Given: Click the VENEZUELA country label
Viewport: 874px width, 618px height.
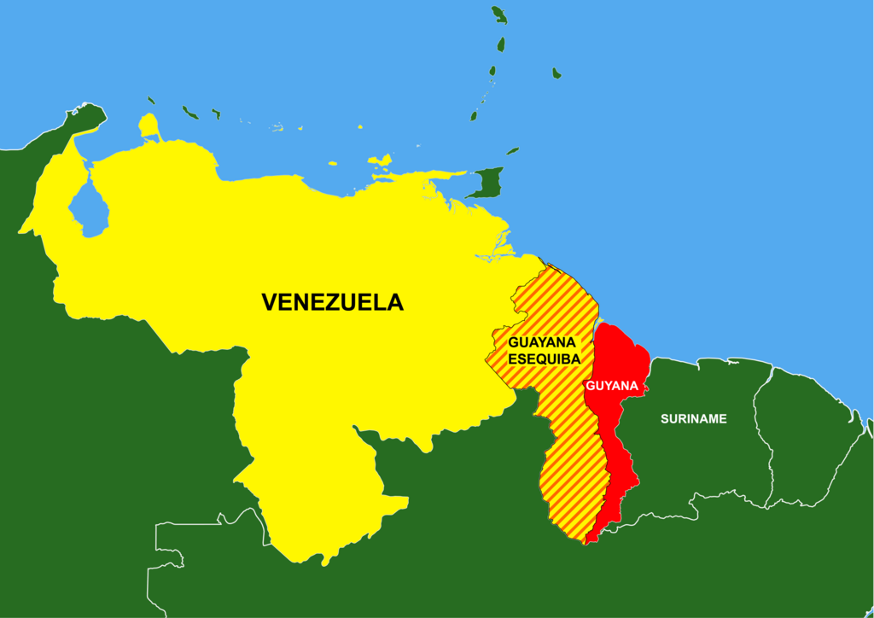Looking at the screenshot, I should (x=332, y=302).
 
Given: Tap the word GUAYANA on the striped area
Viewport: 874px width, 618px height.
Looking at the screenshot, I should (x=544, y=342).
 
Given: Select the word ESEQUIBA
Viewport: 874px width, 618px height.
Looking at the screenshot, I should (x=544, y=359).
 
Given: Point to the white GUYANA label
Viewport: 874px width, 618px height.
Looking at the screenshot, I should (x=612, y=386).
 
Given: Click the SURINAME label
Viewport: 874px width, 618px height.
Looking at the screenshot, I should (x=693, y=418).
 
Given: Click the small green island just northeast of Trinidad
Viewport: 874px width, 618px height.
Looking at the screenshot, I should (x=512, y=151).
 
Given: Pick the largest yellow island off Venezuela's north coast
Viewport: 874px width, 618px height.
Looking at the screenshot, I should (x=381, y=160).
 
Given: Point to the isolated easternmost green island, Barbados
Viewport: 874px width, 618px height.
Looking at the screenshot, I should (x=556, y=73).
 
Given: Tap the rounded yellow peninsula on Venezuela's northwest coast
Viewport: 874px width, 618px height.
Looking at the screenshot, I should (x=150, y=126).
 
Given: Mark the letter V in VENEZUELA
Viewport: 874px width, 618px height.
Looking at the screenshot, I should (x=270, y=302).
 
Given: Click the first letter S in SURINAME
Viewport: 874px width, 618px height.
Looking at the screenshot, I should (x=664, y=418).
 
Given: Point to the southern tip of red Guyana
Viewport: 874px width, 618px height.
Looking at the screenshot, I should (x=589, y=539).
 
